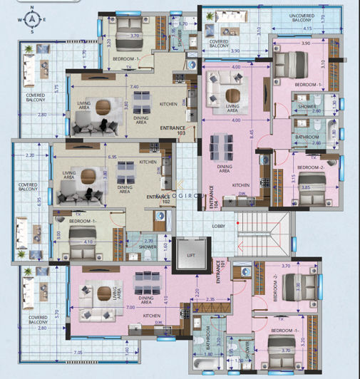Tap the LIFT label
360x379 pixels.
pos(190,254)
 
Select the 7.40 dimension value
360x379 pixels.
pos(133,87)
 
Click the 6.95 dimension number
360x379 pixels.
pos(113,156)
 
